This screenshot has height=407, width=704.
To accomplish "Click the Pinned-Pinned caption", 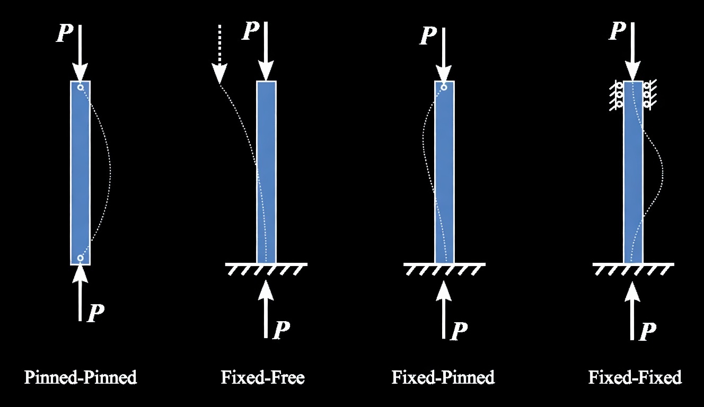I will pos(81,378).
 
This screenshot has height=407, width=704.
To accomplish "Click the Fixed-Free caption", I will pos(263,378).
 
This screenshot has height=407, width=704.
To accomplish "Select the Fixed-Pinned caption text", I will pos(443,378).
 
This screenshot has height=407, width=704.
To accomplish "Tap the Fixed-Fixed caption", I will pos(635,378).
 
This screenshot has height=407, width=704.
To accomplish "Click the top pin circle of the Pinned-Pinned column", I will pos(80,87).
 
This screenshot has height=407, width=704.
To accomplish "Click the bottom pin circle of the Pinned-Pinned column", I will pos(80,258).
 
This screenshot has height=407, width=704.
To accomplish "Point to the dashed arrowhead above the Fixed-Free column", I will pos(219,74).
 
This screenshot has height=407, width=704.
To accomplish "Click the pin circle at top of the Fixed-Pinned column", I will pos(444,87).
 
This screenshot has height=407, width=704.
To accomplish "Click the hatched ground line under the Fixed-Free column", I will pos(266,268).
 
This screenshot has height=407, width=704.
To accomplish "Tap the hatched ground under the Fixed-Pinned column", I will pos(444,268).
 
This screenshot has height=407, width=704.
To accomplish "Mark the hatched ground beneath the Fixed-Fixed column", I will pos(633,268).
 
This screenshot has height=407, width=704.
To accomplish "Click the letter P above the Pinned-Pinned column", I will pos(65,33).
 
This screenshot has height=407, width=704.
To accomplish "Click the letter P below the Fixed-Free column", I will pos(281,330).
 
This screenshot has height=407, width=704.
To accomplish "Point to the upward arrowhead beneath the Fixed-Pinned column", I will pos(444,290).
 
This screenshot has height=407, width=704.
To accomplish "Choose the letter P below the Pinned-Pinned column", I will pos(96,313).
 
